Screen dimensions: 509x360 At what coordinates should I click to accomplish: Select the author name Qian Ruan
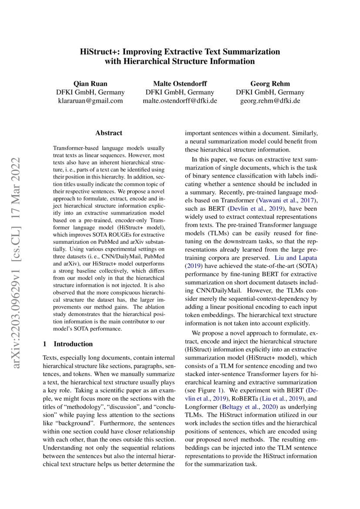(x=90, y=84)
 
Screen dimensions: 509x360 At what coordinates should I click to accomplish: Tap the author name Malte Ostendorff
(x=180, y=84)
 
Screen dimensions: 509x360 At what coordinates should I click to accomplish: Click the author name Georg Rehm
(x=270, y=84)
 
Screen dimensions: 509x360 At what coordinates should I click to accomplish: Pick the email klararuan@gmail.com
(x=90, y=101)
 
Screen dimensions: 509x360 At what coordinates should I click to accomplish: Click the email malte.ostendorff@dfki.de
(x=180, y=101)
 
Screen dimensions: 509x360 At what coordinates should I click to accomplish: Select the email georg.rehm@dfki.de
(x=270, y=101)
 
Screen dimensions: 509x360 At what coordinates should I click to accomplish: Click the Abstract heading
(x=109, y=133)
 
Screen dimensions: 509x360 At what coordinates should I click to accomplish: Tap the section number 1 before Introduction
(x=44, y=344)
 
